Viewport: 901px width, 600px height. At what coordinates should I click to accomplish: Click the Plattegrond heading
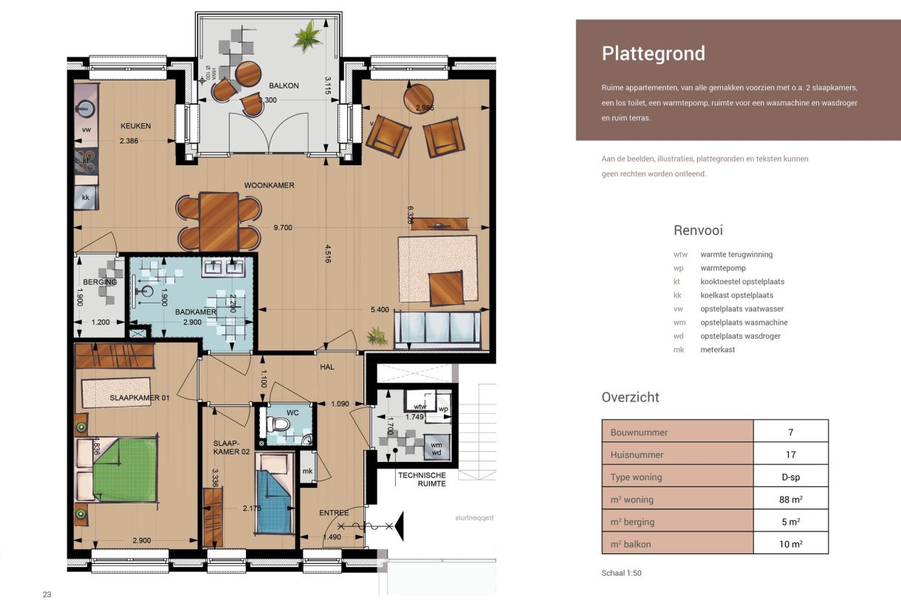(x=653, y=54)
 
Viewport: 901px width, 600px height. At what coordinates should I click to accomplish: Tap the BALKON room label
(x=284, y=86)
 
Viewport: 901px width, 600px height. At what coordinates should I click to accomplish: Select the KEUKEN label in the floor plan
(x=135, y=126)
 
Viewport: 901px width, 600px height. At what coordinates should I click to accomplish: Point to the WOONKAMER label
(x=270, y=185)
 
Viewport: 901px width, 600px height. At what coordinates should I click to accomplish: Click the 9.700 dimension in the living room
(x=283, y=228)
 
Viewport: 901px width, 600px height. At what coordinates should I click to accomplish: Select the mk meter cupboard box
(x=307, y=472)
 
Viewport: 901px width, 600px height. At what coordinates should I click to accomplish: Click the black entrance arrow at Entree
(x=399, y=525)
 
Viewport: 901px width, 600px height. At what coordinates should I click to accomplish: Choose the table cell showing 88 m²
(x=790, y=500)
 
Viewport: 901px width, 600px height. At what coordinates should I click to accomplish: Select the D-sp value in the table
(x=790, y=477)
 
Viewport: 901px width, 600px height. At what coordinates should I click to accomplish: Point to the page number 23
(x=47, y=594)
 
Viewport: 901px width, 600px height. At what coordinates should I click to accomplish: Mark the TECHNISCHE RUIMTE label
(x=421, y=479)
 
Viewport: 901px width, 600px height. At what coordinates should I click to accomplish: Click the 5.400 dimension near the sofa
(x=378, y=309)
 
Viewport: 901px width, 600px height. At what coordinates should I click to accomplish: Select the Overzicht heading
(x=630, y=397)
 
